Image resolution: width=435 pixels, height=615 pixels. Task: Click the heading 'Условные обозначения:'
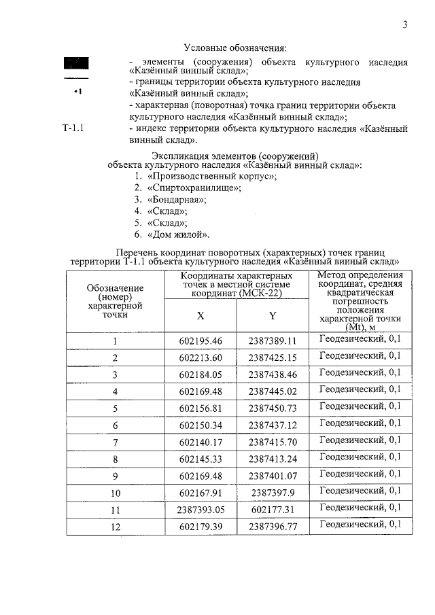point(235,48)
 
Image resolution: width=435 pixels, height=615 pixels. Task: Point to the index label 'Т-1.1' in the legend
point(73,128)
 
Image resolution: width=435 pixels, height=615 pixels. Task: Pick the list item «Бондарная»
point(176,200)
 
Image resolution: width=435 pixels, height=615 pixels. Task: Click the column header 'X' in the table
point(201,316)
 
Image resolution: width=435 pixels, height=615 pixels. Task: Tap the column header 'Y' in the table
point(272,316)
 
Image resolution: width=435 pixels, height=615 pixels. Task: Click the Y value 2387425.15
point(273,357)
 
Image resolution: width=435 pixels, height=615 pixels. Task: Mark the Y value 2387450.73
point(273,408)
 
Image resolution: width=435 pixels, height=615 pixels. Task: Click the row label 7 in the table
point(116,442)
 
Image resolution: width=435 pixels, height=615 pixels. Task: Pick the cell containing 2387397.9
point(273,492)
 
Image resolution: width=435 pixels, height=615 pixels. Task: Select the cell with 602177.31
point(273,509)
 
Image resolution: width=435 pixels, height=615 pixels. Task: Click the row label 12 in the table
point(116,526)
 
